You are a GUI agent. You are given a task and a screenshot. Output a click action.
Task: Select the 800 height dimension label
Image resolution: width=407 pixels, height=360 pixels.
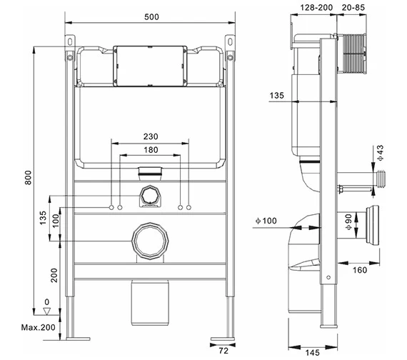29,179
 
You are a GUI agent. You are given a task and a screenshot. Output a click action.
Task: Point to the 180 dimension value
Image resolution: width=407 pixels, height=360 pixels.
150,149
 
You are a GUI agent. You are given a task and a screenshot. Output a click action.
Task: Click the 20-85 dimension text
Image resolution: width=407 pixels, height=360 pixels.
355,6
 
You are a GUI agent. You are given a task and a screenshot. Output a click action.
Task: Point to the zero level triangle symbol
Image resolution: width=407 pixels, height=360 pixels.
47,311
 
